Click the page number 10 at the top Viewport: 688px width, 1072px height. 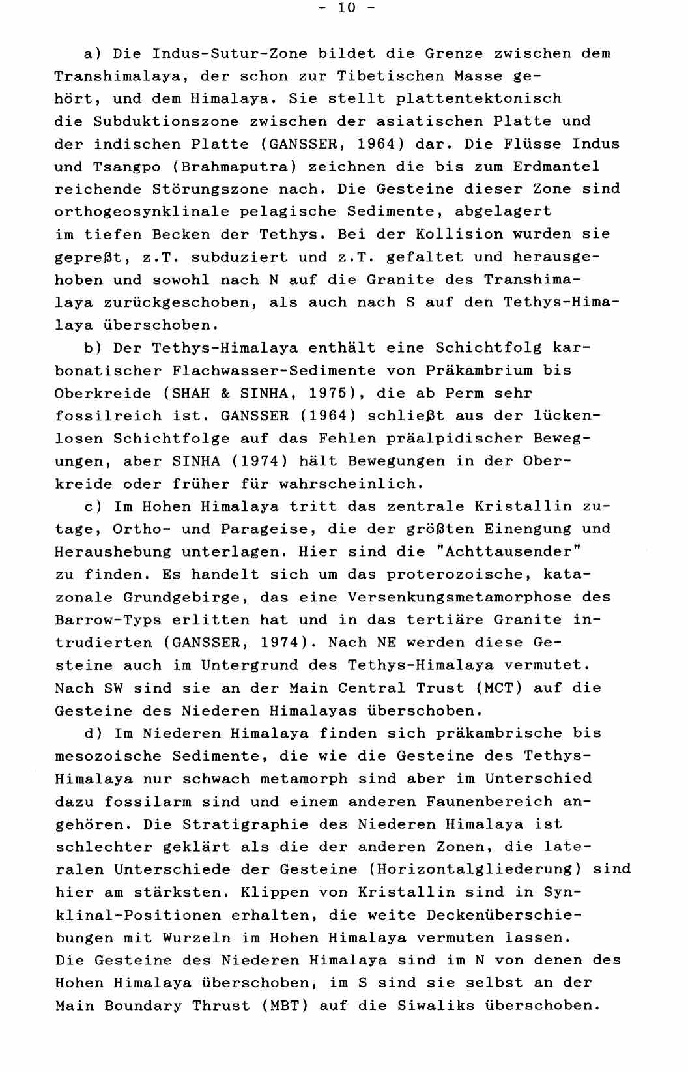[x=345, y=8]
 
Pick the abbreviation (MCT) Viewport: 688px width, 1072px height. [x=500, y=688]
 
